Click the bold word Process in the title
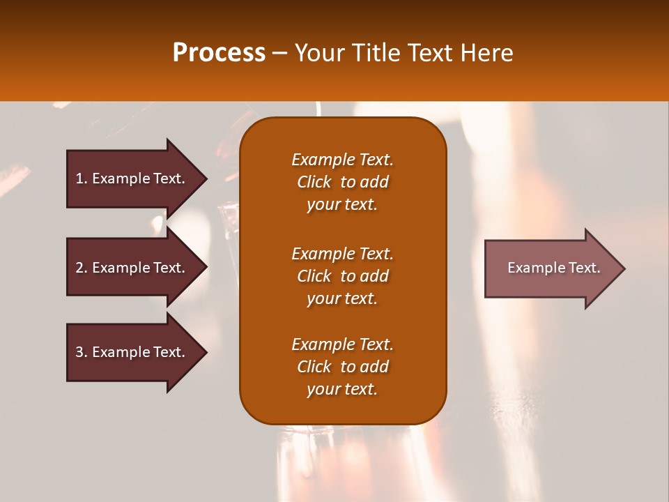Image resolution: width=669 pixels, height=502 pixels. [219, 53]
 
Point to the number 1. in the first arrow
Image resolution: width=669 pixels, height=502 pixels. [82, 178]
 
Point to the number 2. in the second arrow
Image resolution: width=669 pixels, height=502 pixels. [82, 268]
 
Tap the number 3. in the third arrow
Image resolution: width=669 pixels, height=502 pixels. [82, 352]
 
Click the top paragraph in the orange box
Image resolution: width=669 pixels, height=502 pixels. [342, 182]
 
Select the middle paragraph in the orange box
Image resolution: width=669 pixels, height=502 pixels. [342, 276]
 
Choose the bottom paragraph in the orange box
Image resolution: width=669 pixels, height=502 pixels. [342, 367]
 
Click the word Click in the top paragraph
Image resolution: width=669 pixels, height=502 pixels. [314, 182]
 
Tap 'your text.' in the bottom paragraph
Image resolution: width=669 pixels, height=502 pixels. [342, 389]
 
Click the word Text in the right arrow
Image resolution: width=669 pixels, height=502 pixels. [584, 268]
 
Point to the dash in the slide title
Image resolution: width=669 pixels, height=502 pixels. [280, 53]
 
